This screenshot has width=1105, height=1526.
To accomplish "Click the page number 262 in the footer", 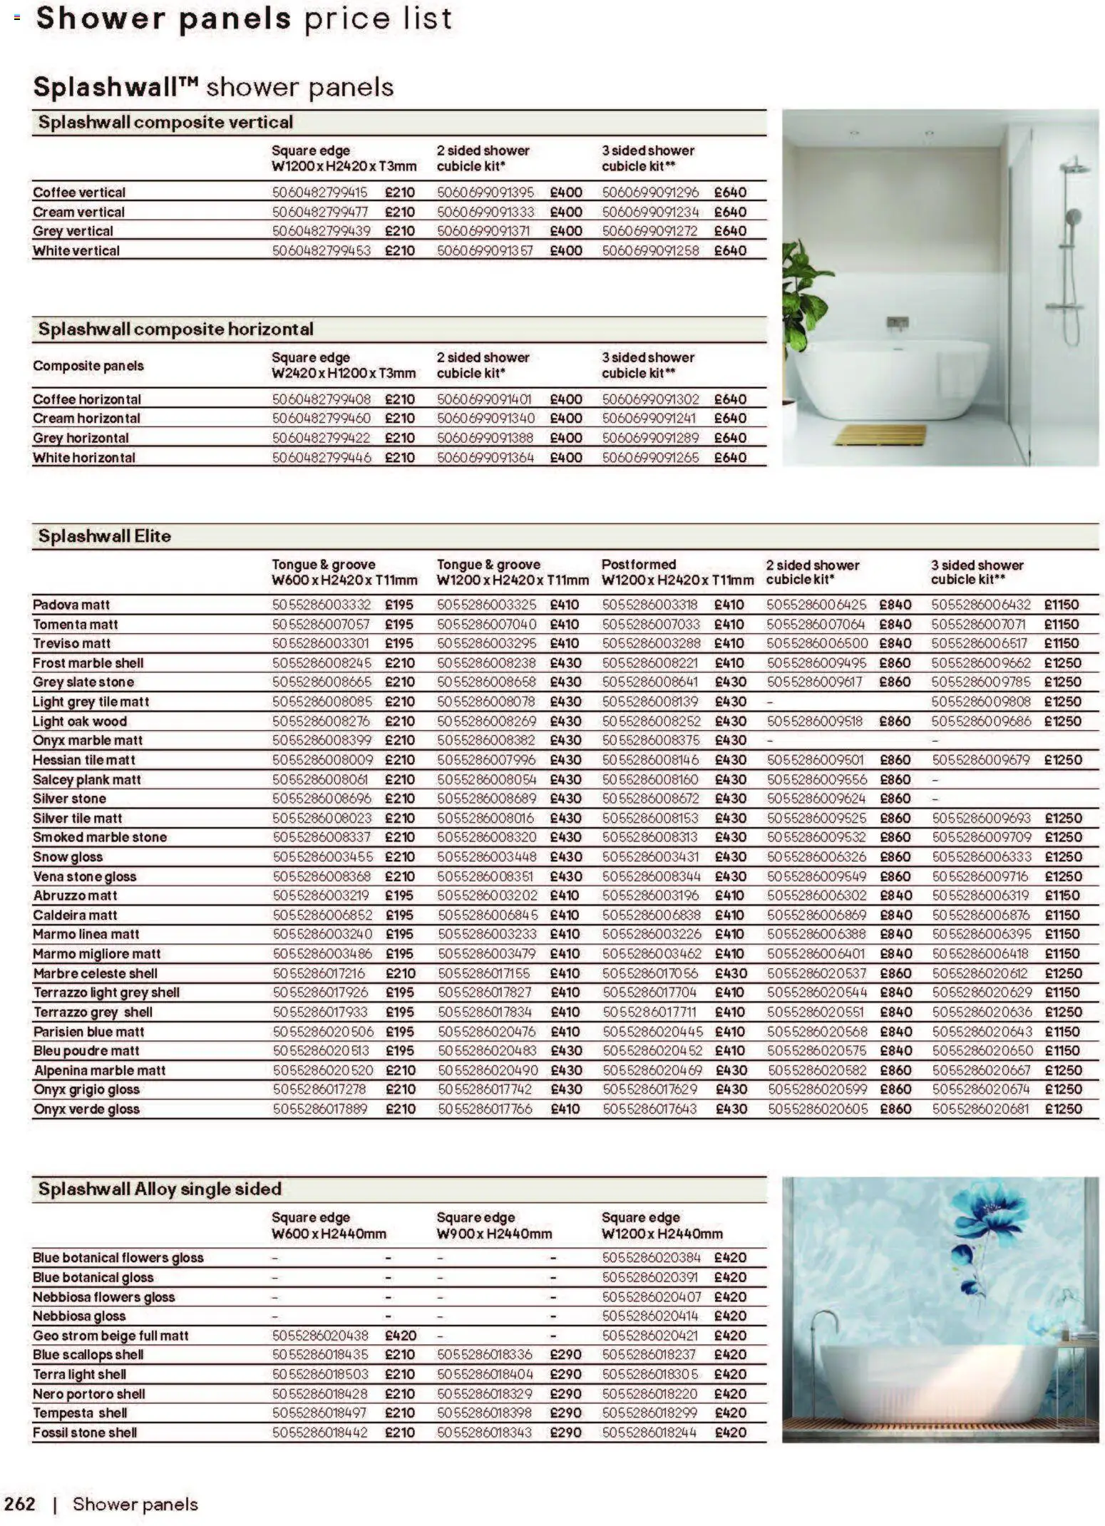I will click(19, 1503).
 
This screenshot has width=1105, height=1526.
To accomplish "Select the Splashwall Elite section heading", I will click(104, 536).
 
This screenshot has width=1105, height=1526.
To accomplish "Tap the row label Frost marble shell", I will click(88, 662).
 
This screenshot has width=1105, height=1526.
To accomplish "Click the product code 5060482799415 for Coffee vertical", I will click(319, 192).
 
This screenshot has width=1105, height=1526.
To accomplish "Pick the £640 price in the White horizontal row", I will click(730, 457).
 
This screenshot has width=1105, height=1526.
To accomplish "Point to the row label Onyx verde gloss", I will click(86, 1109).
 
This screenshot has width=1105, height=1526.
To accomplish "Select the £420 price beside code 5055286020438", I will click(400, 1335).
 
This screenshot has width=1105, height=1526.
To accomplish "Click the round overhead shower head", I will click(1072, 168).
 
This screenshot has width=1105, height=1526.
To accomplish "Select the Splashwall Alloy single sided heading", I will click(160, 1189).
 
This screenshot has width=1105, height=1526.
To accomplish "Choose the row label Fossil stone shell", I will click(84, 1432).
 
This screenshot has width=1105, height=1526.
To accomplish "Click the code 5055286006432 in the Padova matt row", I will click(980, 605).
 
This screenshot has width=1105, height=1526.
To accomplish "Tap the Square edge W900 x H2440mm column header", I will click(493, 1225).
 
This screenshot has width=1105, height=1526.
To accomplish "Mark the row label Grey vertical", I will click(73, 231).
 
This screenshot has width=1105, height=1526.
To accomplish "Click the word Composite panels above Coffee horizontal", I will click(88, 366).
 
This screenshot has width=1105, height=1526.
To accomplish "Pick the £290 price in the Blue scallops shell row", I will click(565, 1354).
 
